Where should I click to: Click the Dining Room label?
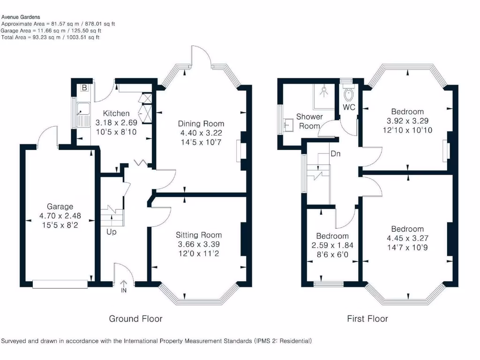(x=201, y=124)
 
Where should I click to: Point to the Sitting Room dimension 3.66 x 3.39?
(x=199, y=244)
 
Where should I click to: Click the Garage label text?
(x=60, y=206)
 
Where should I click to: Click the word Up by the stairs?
(x=111, y=232)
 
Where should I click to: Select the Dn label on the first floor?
(x=336, y=153)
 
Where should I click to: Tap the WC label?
(x=349, y=107)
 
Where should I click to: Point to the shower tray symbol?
(x=324, y=96)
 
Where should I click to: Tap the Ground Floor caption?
(x=135, y=319)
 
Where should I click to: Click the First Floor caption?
(x=367, y=319)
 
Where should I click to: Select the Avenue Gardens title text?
(x=20, y=17)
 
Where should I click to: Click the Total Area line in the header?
(x=50, y=37)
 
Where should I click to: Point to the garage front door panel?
(x=60, y=283)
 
